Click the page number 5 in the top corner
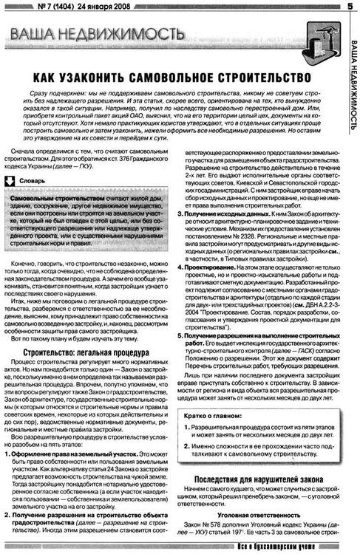(347, 7)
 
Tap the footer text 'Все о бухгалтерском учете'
(296, 545)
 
